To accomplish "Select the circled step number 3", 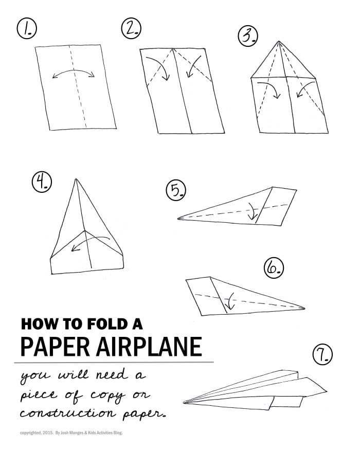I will pos(247,36).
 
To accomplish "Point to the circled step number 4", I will pos(41,183).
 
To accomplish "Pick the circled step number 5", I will pos(175,191).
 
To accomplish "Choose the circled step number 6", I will pos(273,267).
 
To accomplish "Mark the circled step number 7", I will pos(322,354).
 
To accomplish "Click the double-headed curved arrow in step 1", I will pos(74,74).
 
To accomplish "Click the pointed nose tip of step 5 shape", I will pos(178,219).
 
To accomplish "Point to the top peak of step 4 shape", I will pos(77,179).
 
